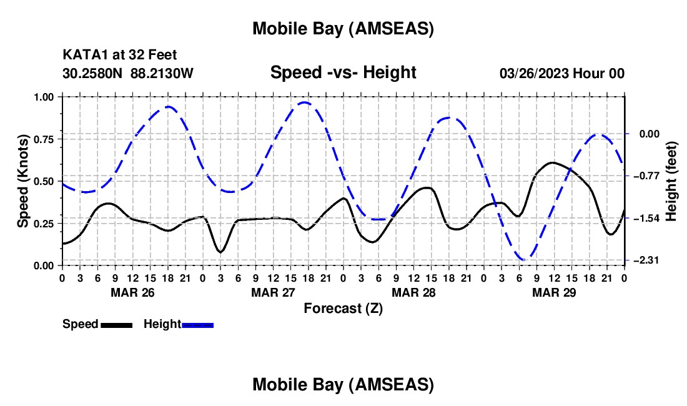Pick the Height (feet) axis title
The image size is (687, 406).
(x=671, y=181)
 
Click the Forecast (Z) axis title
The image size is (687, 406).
(x=343, y=308)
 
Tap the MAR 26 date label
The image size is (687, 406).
(x=133, y=292)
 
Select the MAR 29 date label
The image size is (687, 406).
(x=554, y=292)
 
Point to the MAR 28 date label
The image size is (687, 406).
(x=413, y=292)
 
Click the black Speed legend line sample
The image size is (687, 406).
(x=116, y=324)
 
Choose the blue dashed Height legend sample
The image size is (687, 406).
(x=198, y=324)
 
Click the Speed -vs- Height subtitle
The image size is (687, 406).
(x=343, y=73)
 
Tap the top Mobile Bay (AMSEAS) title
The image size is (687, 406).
(x=343, y=28)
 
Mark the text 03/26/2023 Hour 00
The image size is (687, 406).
(x=562, y=74)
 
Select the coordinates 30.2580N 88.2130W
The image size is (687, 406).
(x=128, y=74)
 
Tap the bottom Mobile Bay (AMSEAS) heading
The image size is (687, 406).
(x=343, y=385)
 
